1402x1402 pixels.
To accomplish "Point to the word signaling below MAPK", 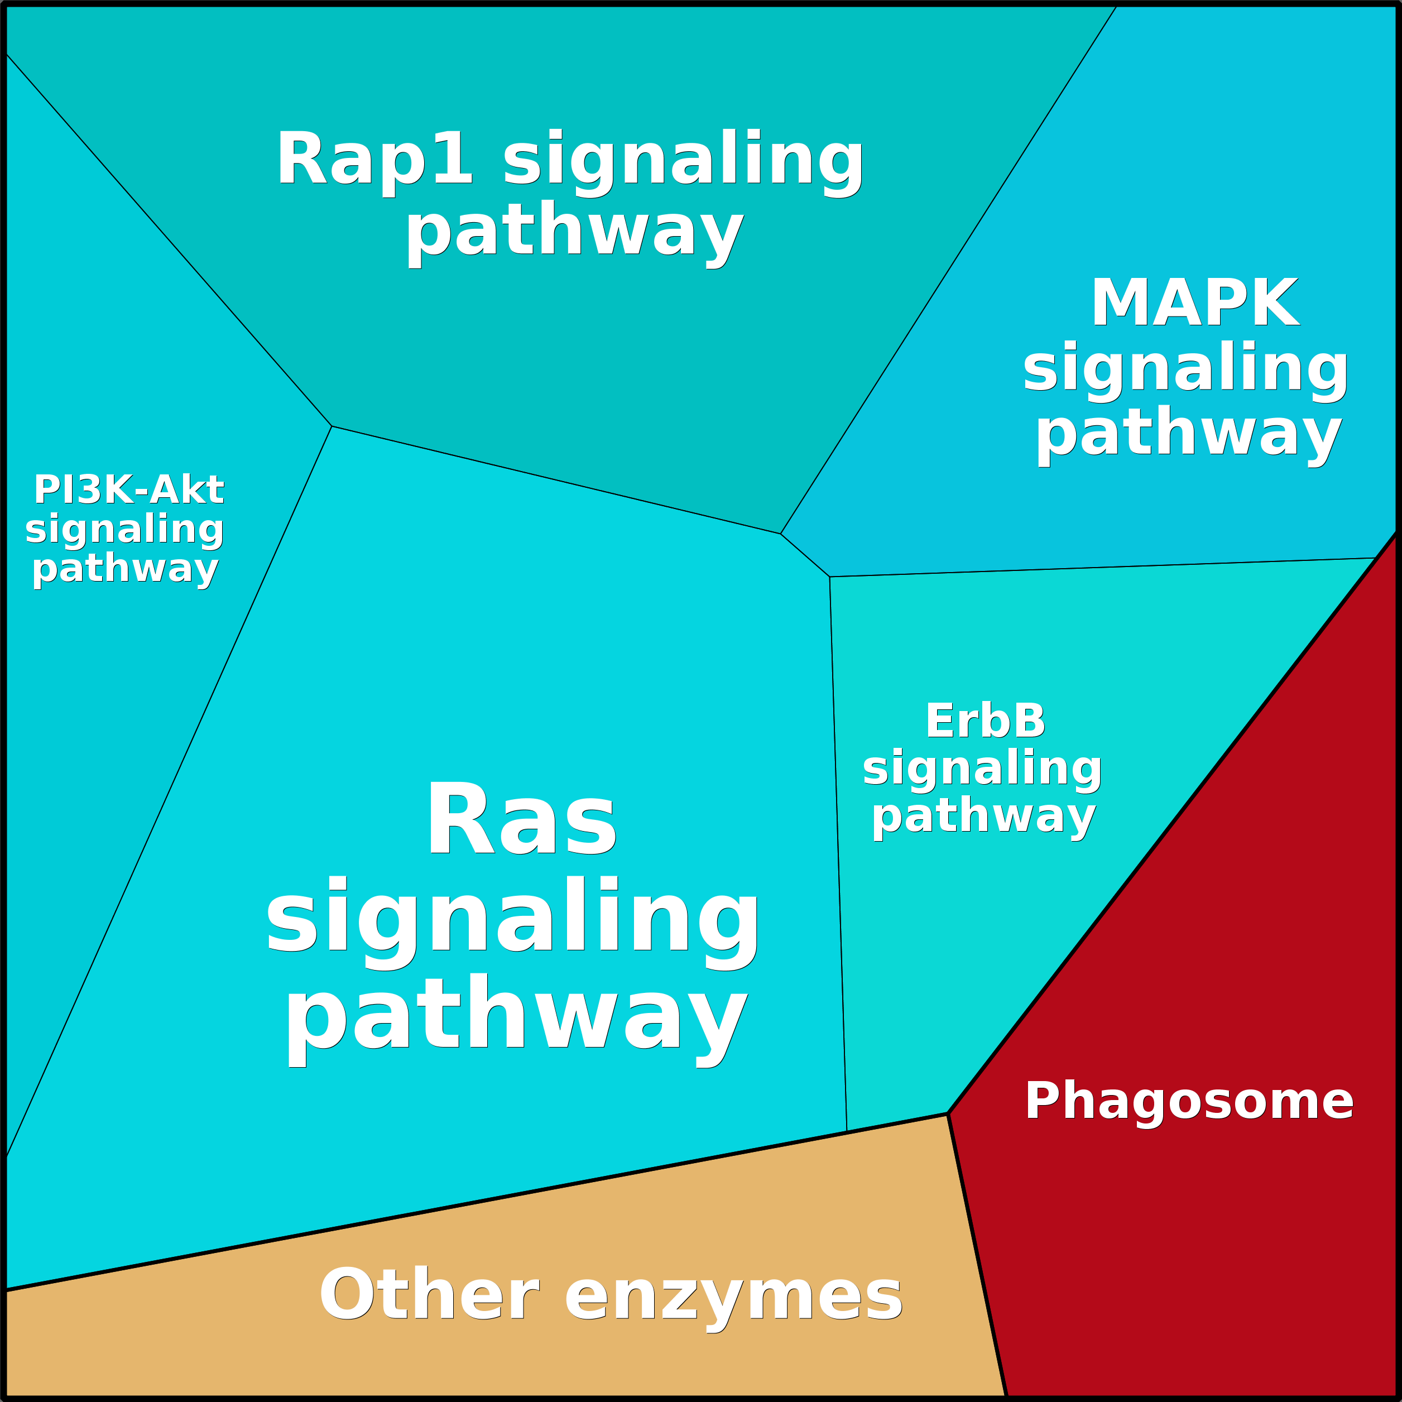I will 1186,369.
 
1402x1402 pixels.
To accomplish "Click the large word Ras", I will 521,820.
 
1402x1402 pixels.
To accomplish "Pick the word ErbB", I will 986,721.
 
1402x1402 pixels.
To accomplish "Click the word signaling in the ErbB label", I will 982,768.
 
